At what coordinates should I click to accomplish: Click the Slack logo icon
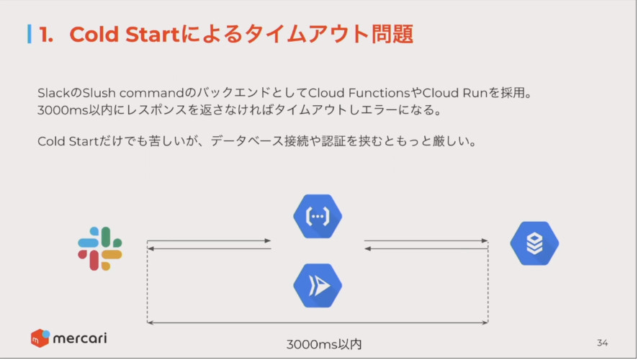coord(100,248)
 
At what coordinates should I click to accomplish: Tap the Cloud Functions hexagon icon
coord(318,217)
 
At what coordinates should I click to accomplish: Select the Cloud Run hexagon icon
coord(318,286)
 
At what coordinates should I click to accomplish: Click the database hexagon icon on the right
coord(534,243)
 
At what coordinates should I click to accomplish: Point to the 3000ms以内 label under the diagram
coord(324,344)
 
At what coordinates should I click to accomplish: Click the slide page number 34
coord(603,343)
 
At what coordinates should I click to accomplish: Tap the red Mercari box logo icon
coord(40,338)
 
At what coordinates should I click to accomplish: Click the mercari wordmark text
coord(80,338)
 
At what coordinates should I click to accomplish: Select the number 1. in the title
coord(46,34)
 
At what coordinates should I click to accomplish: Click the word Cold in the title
coord(95,34)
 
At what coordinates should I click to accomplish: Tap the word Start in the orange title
coord(153,34)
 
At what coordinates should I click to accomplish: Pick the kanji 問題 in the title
coord(392,34)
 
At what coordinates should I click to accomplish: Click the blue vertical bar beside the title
coord(30,34)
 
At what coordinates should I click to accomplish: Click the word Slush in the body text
coord(99,93)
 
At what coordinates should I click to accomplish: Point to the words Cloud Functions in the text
coord(359,93)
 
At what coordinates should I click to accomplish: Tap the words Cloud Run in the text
coord(455,93)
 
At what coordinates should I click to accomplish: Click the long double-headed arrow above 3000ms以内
coord(318,323)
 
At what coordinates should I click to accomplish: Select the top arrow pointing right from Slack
coord(209,240)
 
